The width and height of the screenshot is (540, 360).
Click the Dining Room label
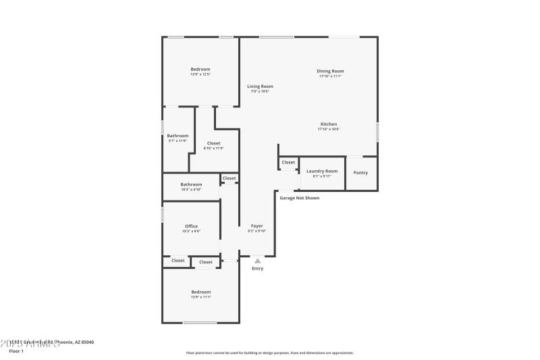click(330, 71)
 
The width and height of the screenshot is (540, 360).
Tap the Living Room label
click(260, 86)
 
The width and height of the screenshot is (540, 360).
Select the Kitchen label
click(329, 124)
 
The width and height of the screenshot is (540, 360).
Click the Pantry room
click(361, 173)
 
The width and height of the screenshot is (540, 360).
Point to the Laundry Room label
click(322, 171)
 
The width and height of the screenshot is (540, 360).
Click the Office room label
click(191, 226)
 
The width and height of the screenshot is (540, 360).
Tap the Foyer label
click(257, 226)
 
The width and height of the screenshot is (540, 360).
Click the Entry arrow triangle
click(257, 259)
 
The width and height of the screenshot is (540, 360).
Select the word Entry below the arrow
click(258, 269)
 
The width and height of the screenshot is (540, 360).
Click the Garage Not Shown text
click(300, 198)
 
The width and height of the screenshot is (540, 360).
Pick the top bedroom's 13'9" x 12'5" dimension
click(200, 74)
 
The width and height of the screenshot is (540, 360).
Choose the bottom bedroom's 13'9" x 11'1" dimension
click(200, 297)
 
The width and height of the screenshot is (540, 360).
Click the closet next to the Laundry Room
click(288, 163)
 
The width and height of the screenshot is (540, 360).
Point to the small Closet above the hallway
click(230, 178)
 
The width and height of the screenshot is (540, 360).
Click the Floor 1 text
click(16, 351)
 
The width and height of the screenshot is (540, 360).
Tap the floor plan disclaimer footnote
click(270, 353)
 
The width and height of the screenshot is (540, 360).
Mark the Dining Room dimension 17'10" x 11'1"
click(330, 76)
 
